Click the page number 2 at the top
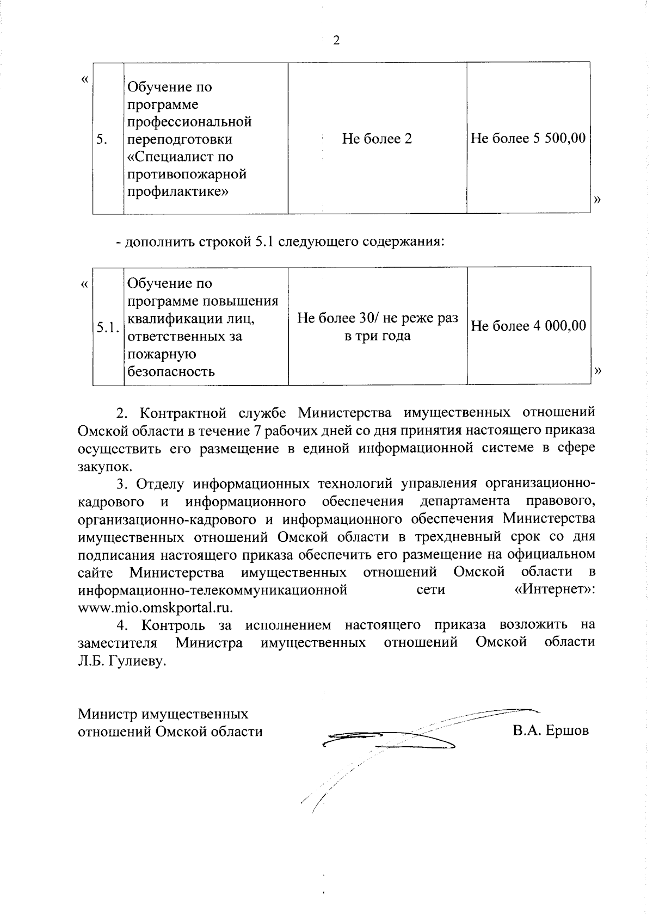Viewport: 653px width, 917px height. (336, 41)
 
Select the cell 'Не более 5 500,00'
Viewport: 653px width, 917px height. (528, 139)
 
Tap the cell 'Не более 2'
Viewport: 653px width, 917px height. (377, 139)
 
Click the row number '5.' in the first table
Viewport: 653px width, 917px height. (101, 140)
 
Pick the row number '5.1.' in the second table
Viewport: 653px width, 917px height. (107, 327)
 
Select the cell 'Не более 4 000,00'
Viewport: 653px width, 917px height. (528, 326)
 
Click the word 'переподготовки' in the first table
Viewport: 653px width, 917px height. (180, 139)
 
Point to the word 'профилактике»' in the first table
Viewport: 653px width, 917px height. (177, 191)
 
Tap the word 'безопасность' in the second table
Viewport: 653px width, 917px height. (171, 372)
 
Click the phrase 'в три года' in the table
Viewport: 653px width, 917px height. (377, 336)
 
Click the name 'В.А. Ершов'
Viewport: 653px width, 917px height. (550, 731)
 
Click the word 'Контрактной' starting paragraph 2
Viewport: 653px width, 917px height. (184, 413)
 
